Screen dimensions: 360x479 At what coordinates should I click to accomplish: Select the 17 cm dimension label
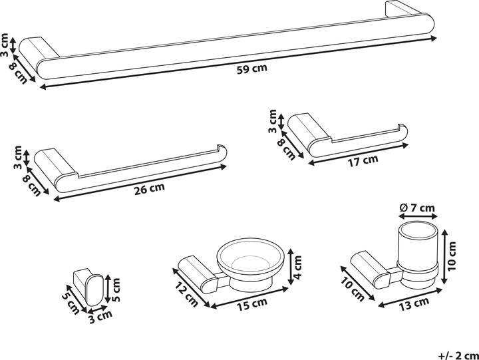(x=363, y=160)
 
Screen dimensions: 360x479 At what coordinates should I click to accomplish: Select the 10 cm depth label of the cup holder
(x=353, y=290)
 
